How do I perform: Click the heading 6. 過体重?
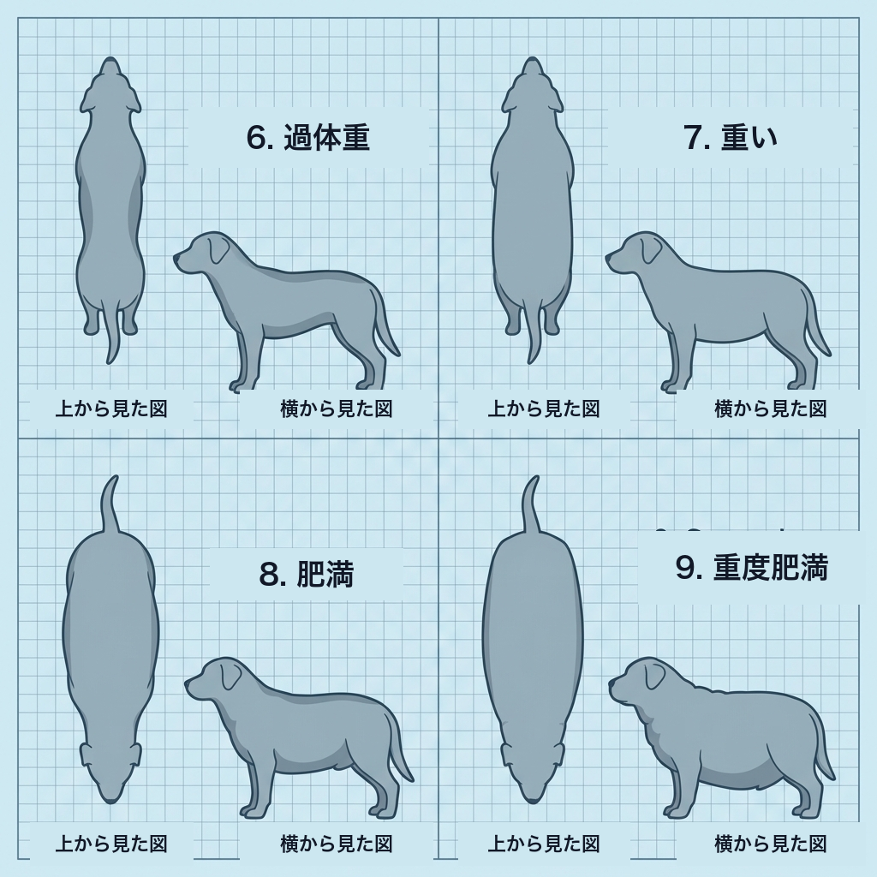coord(307,137)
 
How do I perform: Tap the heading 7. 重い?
coord(731,137)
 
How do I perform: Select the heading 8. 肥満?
coord(307,574)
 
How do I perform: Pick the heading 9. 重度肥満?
coord(751,567)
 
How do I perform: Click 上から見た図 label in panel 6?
coord(111,409)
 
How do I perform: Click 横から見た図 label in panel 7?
coord(770,409)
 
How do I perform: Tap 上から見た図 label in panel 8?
coord(111,844)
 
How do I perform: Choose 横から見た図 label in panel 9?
coord(770,844)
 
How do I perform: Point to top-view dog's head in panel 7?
coord(533,86)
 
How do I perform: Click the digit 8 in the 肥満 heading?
coord(271,575)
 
